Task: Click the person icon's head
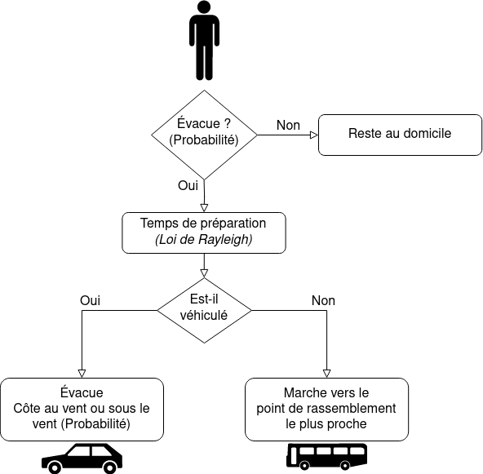point(204,7)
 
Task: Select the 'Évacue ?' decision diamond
point(204,135)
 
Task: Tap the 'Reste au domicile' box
point(400,135)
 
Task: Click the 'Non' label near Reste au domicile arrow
point(288,125)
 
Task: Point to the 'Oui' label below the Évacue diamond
point(188,185)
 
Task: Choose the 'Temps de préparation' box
point(204,233)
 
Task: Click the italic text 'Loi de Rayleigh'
point(204,239)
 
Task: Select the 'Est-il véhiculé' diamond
point(204,310)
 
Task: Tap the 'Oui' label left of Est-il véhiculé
point(90,300)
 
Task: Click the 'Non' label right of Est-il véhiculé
point(323,300)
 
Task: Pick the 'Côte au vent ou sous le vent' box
point(82,410)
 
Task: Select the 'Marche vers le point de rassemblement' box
point(326,410)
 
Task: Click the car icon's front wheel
point(55,467)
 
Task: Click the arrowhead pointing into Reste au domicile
point(314,135)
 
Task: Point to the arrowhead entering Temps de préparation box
point(204,208)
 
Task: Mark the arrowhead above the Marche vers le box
point(326,374)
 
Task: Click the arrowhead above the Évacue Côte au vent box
point(82,374)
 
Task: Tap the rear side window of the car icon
point(103,451)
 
